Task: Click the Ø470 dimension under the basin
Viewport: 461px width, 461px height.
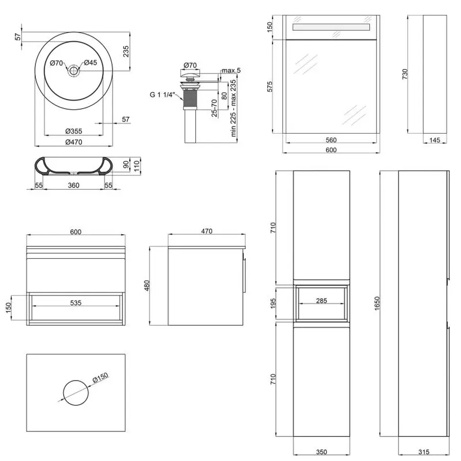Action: coord(75,142)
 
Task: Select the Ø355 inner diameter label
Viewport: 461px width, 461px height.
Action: coord(75,131)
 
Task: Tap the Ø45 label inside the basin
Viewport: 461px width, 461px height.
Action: coord(91,63)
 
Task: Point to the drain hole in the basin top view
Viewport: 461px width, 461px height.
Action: coord(75,71)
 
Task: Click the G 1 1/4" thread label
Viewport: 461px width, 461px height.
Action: coord(162,95)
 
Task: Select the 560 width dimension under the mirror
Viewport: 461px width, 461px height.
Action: coord(330,140)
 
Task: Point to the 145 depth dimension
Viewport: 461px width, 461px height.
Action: coord(434,140)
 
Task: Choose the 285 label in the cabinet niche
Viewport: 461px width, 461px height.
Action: coord(321,301)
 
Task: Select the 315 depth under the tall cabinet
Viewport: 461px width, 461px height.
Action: coord(423,452)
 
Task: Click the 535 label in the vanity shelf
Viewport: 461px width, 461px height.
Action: coord(75,303)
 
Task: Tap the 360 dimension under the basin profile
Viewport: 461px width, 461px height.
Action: coord(73,185)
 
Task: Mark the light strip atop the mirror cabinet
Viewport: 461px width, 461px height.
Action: coord(330,27)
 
